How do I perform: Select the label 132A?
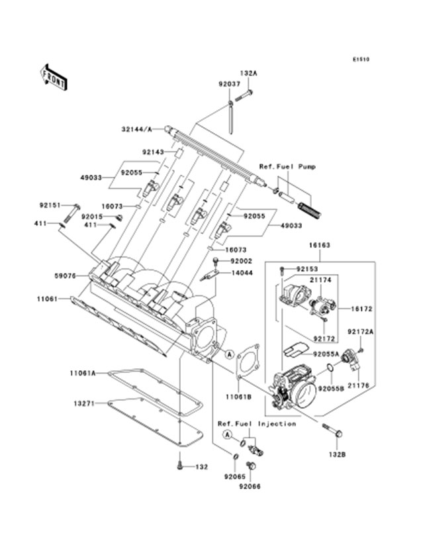tap(249, 75)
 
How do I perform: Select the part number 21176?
tap(359, 385)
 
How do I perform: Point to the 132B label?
tap(336, 454)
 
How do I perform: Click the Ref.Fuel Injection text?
tap(256, 423)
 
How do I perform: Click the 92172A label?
tap(361, 330)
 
